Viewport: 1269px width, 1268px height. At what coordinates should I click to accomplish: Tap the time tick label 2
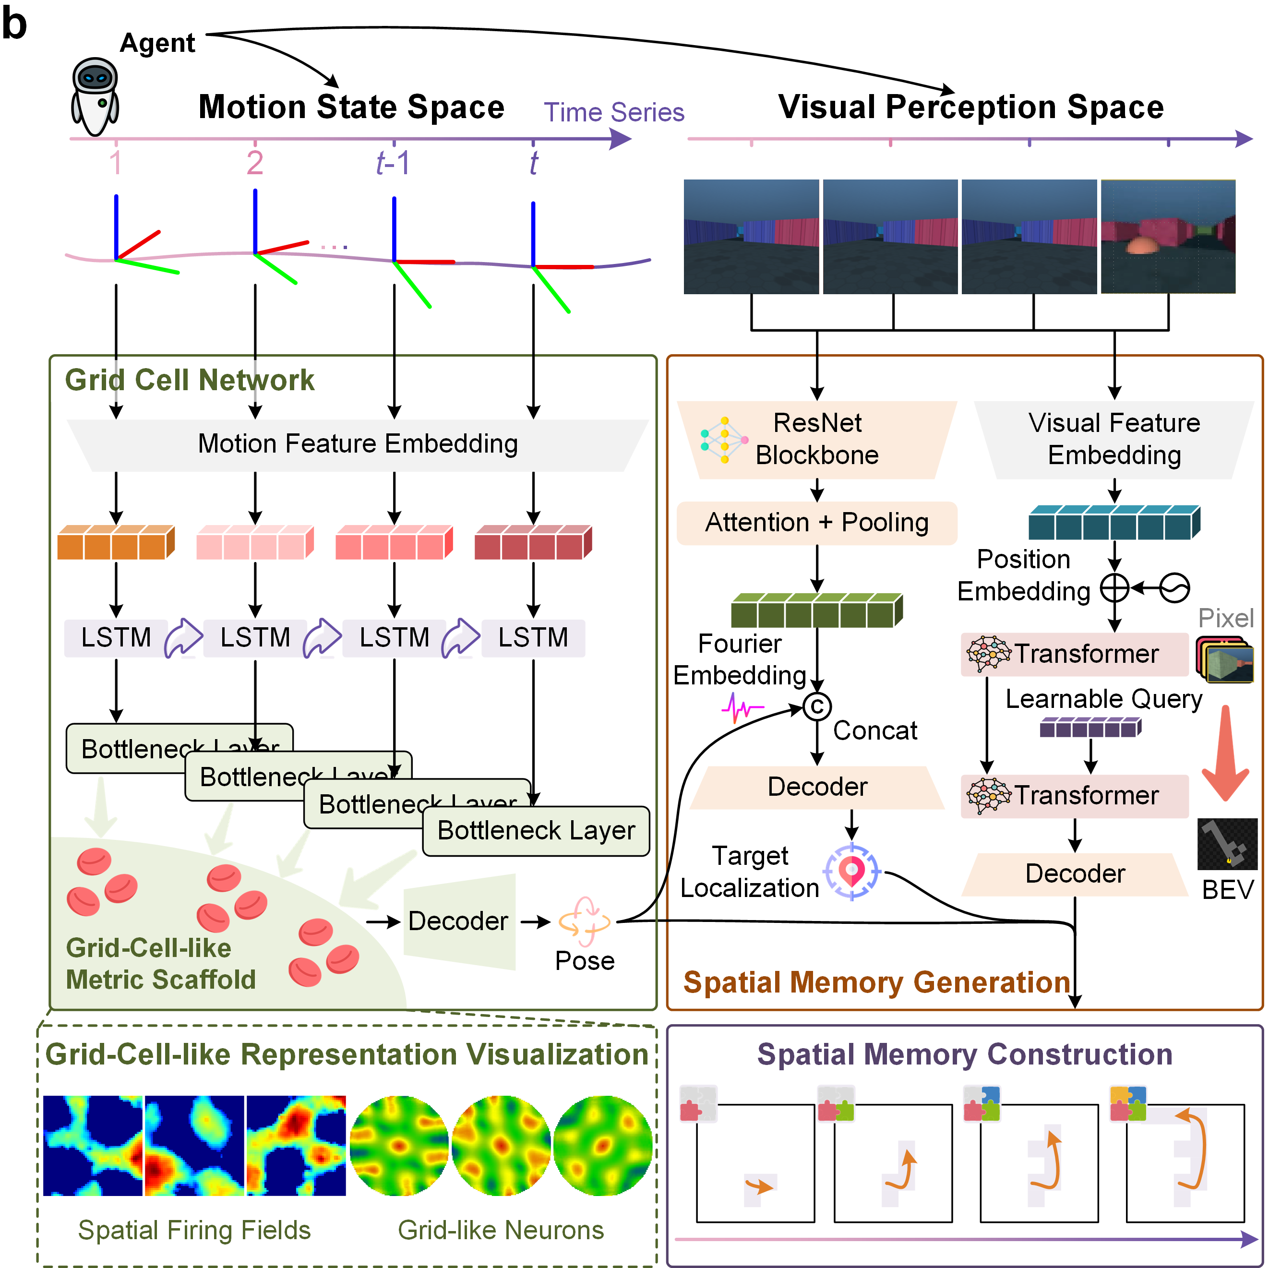[255, 163]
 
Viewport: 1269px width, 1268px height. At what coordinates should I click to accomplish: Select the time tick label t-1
[393, 163]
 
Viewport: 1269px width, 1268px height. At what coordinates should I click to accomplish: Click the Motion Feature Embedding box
[358, 444]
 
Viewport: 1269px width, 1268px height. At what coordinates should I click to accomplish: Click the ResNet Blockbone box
[816, 439]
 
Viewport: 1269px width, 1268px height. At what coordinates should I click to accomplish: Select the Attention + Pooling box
[816, 523]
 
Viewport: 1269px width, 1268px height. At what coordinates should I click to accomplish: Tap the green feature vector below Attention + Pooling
[816, 610]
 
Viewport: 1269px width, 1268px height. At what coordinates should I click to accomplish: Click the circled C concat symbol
[817, 707]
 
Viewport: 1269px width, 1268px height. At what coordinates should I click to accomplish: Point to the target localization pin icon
[852, 872]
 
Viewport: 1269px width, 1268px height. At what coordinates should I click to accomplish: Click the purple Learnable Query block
[1090, 728]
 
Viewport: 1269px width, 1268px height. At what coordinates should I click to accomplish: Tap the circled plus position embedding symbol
[1114, 588]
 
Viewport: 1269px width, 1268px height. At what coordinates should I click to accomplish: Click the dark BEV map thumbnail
[1227, 844]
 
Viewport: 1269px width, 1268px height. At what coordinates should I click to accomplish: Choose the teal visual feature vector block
[1114, 523]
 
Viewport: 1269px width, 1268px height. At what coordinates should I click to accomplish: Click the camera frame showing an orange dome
[1167, 237]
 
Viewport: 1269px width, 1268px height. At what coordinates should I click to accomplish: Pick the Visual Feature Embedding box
[1114, 439]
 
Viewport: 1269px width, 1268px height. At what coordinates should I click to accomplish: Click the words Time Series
[613, 112]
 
